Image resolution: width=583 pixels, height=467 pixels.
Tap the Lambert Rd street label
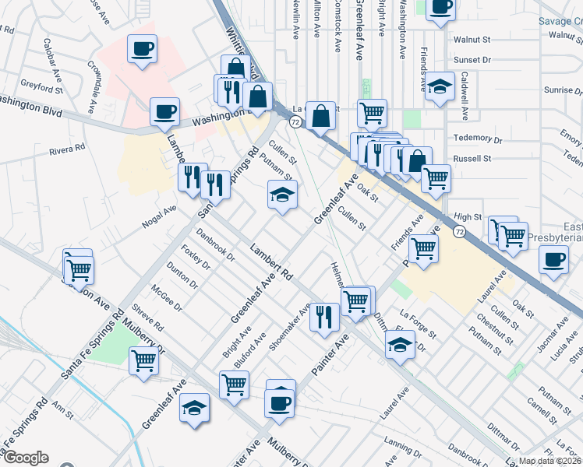[x=271, y=263]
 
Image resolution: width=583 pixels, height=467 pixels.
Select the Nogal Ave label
[x=159, y=216]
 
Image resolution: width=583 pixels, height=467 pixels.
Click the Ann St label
[x=62, y=406]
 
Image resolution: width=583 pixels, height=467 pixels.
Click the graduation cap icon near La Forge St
[x=400, y=343]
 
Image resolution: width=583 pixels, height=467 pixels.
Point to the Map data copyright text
[x=549, y=461]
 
